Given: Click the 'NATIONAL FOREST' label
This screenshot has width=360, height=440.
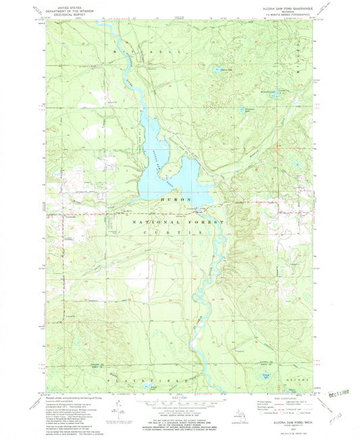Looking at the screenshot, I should click(x=178, y=221).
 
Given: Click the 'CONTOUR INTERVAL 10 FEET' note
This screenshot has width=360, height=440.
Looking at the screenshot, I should click(x=179, y=418).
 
